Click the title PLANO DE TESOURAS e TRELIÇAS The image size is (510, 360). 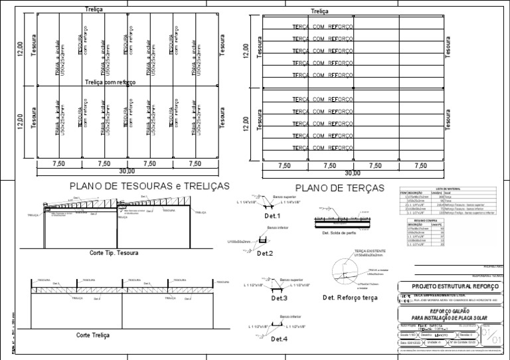tap(149, 186)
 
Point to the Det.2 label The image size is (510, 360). tap(265, 254)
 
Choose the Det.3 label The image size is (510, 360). tap(279, 298)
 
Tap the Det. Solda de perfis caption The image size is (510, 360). tap(341, 233)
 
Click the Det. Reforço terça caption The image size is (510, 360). tap(350, 298)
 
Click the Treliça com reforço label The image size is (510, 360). tap(110, 82)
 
